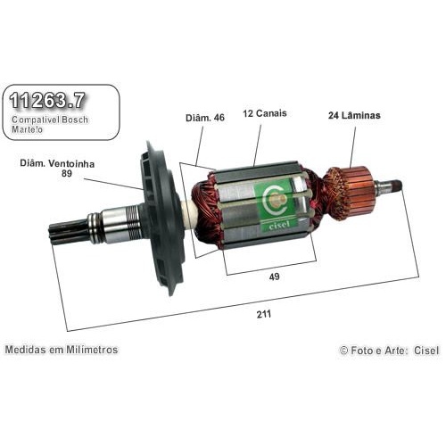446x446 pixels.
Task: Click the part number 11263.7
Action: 47,100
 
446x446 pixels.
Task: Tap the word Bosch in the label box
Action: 75,120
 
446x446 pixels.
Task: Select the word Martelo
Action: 27,129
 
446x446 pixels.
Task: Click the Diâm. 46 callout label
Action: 205,118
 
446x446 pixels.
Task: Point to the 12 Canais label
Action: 265,113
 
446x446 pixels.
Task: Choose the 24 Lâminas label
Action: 354,115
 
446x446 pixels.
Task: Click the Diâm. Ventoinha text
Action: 57,163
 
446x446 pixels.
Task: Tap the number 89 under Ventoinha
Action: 67,173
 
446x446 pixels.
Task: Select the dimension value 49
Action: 274,277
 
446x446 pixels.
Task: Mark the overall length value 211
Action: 264,314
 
